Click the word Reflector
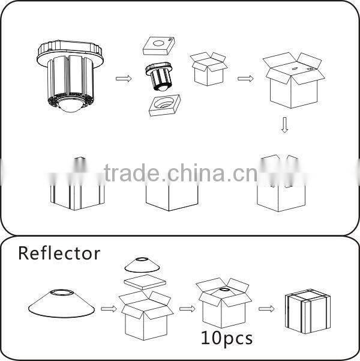coord(59,253)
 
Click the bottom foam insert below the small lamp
coord(163,106)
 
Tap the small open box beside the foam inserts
coord(207,68)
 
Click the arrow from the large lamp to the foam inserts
coord(122,77)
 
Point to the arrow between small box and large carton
coord(245,77)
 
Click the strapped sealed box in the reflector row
coord(307,310)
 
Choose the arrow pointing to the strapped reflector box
coord(267,309)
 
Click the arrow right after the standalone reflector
coord(108,309)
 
